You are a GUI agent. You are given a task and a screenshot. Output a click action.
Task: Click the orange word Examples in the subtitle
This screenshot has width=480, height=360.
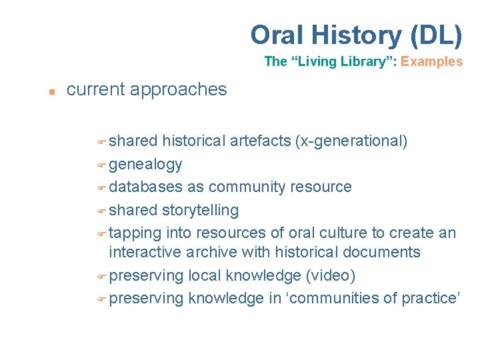click(431, 61)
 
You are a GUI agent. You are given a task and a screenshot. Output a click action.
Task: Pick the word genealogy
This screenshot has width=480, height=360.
click(145, 165)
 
